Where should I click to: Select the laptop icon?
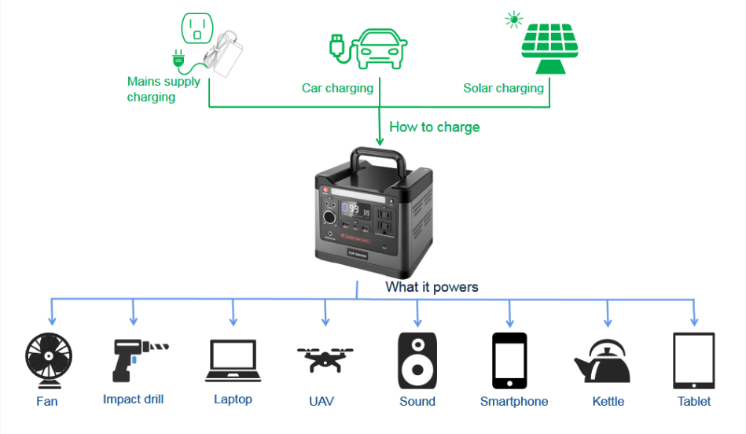point(233,361)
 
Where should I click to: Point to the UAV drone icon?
point(325,360)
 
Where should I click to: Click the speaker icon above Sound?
point(417,360)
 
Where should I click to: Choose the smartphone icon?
point(509,360)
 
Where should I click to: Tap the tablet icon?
point(694,360)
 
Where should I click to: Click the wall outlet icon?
point(197,29)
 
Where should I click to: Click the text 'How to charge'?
point(434,127)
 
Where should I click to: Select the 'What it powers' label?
point(432,287)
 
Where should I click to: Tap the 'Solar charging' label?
point(503,88)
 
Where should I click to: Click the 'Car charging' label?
point(337,88)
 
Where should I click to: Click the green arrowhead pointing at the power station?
point(380,142)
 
